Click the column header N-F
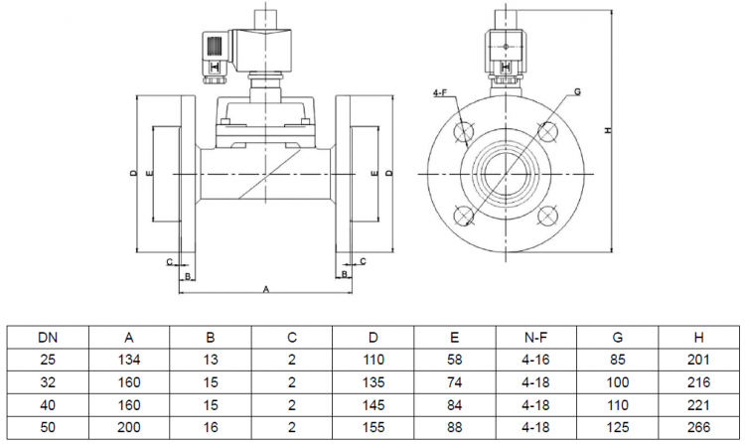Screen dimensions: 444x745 click(535, 338)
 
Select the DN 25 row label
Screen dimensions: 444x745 click(48, 360)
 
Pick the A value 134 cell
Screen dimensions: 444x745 click(129, 360)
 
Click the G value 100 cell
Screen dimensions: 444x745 click(617, 381)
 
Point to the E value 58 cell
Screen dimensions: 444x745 click(454, 360)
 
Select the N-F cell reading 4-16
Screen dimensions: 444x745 click(535, 360)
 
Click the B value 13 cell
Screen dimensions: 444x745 click(211, 360)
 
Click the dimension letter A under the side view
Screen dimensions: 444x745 click(266, 289)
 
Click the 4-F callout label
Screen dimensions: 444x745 click(440, 92)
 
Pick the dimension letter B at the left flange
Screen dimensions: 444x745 click(186, 275)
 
